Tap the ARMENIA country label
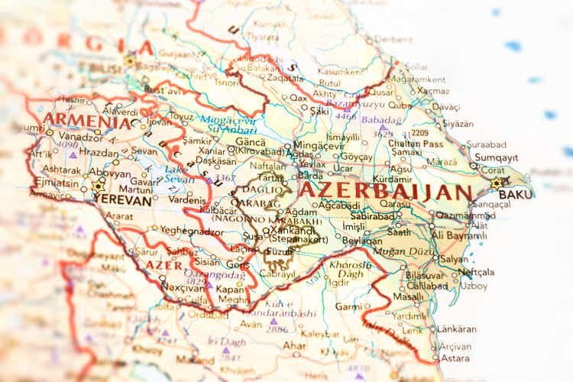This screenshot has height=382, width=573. tap(86, 120)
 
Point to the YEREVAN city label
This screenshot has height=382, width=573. tap(121, 200)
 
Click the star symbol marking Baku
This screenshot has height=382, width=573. tap(497, 183)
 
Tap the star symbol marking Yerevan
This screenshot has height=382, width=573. tap(98, 185)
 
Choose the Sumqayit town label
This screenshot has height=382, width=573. tap(496, 157)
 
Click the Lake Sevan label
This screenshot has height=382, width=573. tap(180, 173)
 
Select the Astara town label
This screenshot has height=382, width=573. tap(456, 357)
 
